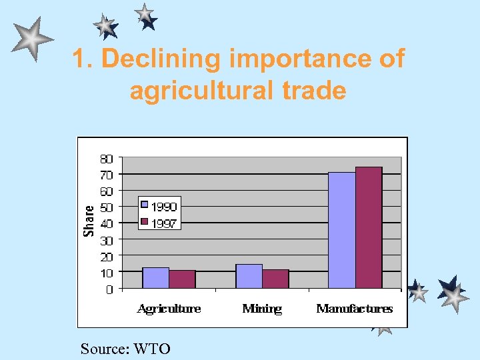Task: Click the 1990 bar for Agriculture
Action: [x=155, y=278]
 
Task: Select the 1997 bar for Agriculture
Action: [x=182, y=279]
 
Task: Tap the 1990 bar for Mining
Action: [x=249, y=277]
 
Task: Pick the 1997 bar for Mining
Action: [x=275, y=279]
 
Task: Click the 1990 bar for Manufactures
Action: [x=341, y=230]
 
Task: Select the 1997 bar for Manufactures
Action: [x=369, y=227]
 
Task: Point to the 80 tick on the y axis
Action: [x=107, y=159]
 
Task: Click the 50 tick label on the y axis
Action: [x=107, y=207]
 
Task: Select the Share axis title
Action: [x=89, y=220]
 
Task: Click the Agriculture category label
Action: [x=169, y=309]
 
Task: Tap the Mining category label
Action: [x=262, y=309]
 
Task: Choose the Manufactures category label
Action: [x=355, y=309]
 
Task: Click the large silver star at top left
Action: [x=31, y=39]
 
